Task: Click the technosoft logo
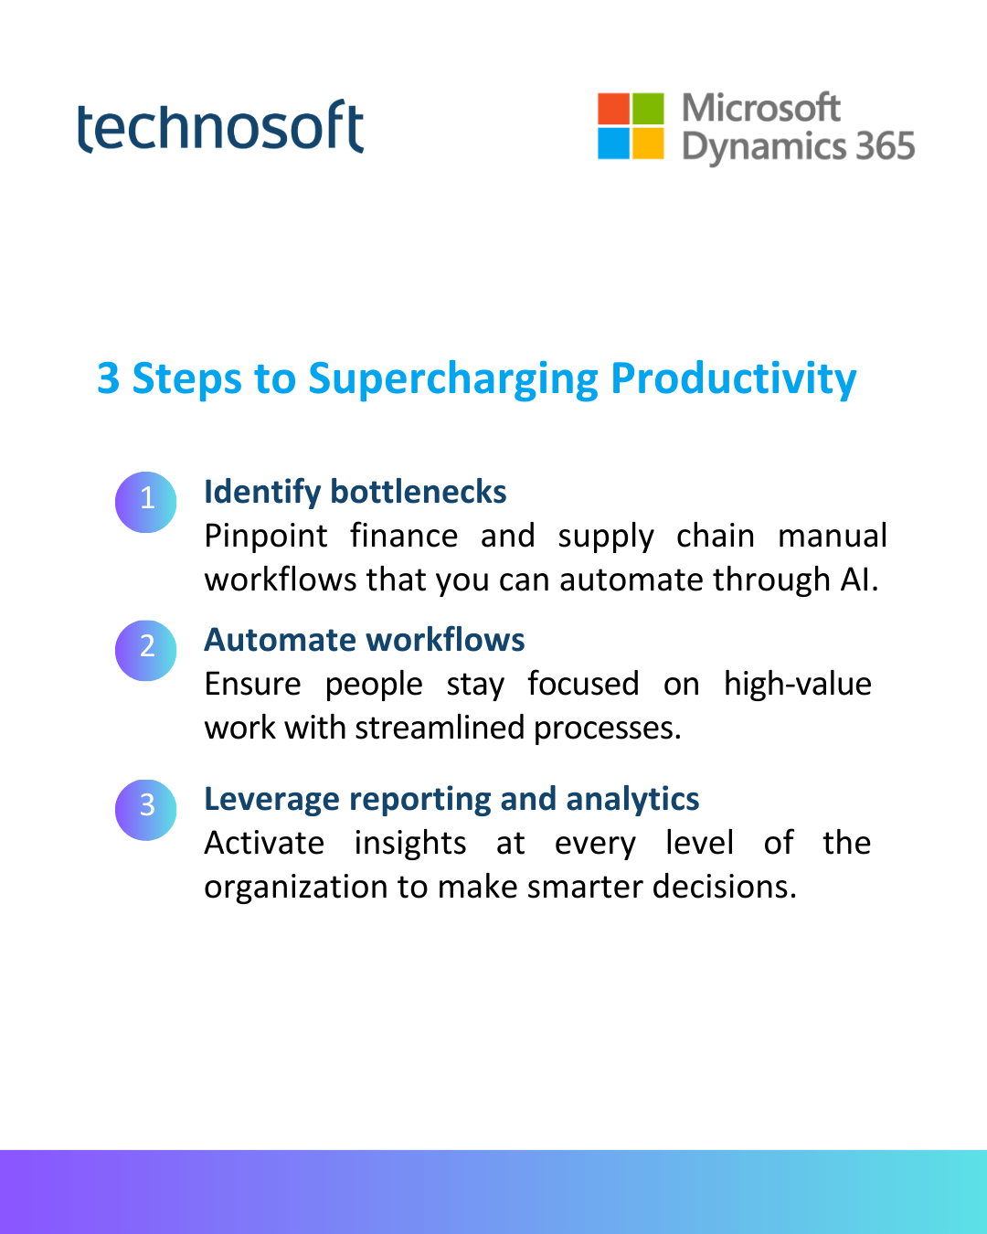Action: [220, 126]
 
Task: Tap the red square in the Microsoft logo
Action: [613, 109]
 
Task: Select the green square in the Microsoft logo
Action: [648, 109]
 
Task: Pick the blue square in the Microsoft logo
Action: [613, 144]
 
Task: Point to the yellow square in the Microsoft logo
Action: [648, 144]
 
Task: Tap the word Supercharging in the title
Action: [453, 380]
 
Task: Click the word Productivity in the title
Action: [734, 380]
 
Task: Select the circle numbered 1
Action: [145, 503]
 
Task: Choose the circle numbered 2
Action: [145, 651]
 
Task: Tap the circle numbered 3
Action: [145, 810]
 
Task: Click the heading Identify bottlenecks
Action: [356, 493]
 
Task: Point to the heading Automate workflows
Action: [365, 640]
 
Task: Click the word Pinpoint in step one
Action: [266, 537]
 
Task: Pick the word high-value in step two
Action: [798, 685]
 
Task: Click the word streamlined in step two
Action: [440, 729]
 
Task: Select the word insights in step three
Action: [410, 844]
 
